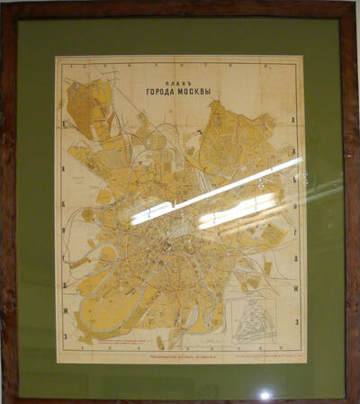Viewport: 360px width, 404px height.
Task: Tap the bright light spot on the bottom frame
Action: [265, 394]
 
